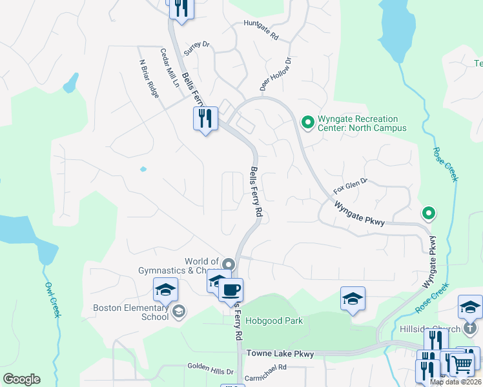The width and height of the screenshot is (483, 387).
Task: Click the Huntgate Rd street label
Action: pos(261,30)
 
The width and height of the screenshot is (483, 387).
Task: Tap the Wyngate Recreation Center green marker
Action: pos(308,121)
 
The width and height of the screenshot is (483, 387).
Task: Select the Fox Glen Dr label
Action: pos(350,186)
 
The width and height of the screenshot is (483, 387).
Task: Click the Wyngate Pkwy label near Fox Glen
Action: pos(360,213)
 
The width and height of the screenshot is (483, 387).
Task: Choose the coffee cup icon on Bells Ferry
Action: pos(231,289)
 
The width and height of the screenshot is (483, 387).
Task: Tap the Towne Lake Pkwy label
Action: pos(280,354)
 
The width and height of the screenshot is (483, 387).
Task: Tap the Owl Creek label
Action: pos(52,299)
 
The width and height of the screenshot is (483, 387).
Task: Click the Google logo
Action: pos(21,379)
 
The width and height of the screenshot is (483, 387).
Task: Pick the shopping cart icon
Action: pos(461,364)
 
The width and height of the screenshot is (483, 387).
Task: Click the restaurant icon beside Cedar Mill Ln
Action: pos(205,119)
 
